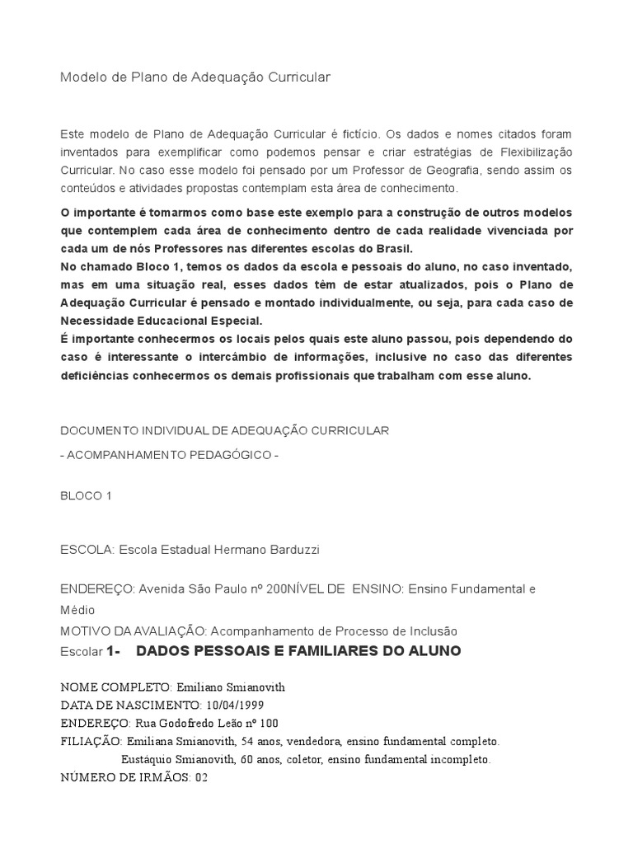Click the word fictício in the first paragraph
pos(357,134)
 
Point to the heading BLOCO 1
pos(86,495)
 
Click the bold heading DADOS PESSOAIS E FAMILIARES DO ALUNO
pos(298,651)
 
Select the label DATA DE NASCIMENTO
pos(129,705)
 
